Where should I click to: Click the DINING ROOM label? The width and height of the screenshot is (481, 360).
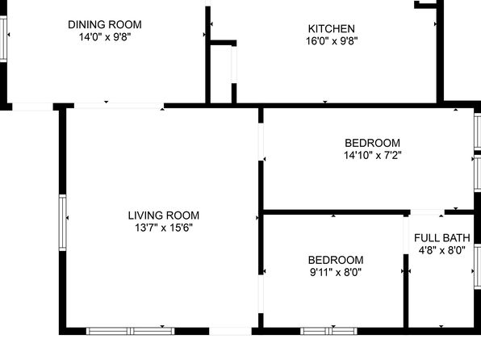click(105, 24)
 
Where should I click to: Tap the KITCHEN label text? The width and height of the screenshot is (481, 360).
click(332, 28)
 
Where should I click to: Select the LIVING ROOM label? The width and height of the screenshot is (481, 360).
click(164, 216)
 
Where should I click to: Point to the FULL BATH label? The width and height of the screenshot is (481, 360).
click(441, 238)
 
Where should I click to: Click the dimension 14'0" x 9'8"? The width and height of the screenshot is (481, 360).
click(105, 37)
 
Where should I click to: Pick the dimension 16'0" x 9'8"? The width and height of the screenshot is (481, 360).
click(332, 41)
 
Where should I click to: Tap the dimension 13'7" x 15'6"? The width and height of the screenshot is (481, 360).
click(164, 228)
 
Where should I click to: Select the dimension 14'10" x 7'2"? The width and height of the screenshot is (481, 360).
click(372, 155)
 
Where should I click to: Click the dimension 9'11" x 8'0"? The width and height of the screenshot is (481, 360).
click(336, 272)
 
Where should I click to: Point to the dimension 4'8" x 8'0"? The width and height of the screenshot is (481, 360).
click(441, 250)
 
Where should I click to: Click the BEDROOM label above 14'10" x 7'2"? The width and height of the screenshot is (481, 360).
click(372, 143)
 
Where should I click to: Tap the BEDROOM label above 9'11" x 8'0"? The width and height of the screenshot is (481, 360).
click(336, 260)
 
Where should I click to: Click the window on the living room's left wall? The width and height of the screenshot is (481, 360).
click(63, 223)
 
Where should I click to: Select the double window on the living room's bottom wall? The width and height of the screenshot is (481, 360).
click(131, 331)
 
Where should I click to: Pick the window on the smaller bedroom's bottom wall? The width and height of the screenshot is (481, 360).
click(328, 331)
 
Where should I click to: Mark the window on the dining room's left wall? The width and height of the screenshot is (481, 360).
click(3, 39)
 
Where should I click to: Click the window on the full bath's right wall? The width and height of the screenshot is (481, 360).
click(478, 266)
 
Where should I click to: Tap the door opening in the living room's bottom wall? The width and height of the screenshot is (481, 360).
click(230, 331)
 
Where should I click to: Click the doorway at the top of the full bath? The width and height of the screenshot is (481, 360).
click(427, 212)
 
